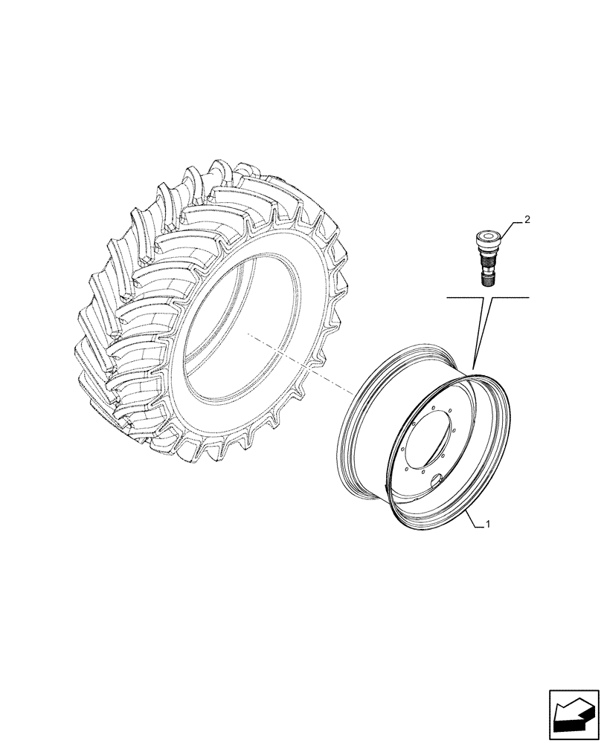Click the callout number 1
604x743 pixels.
tap(487, 525)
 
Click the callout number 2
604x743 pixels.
tap(527, 219)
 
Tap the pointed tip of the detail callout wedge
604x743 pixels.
tap(474, 366)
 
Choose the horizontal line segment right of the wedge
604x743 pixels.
tap(510, 297)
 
